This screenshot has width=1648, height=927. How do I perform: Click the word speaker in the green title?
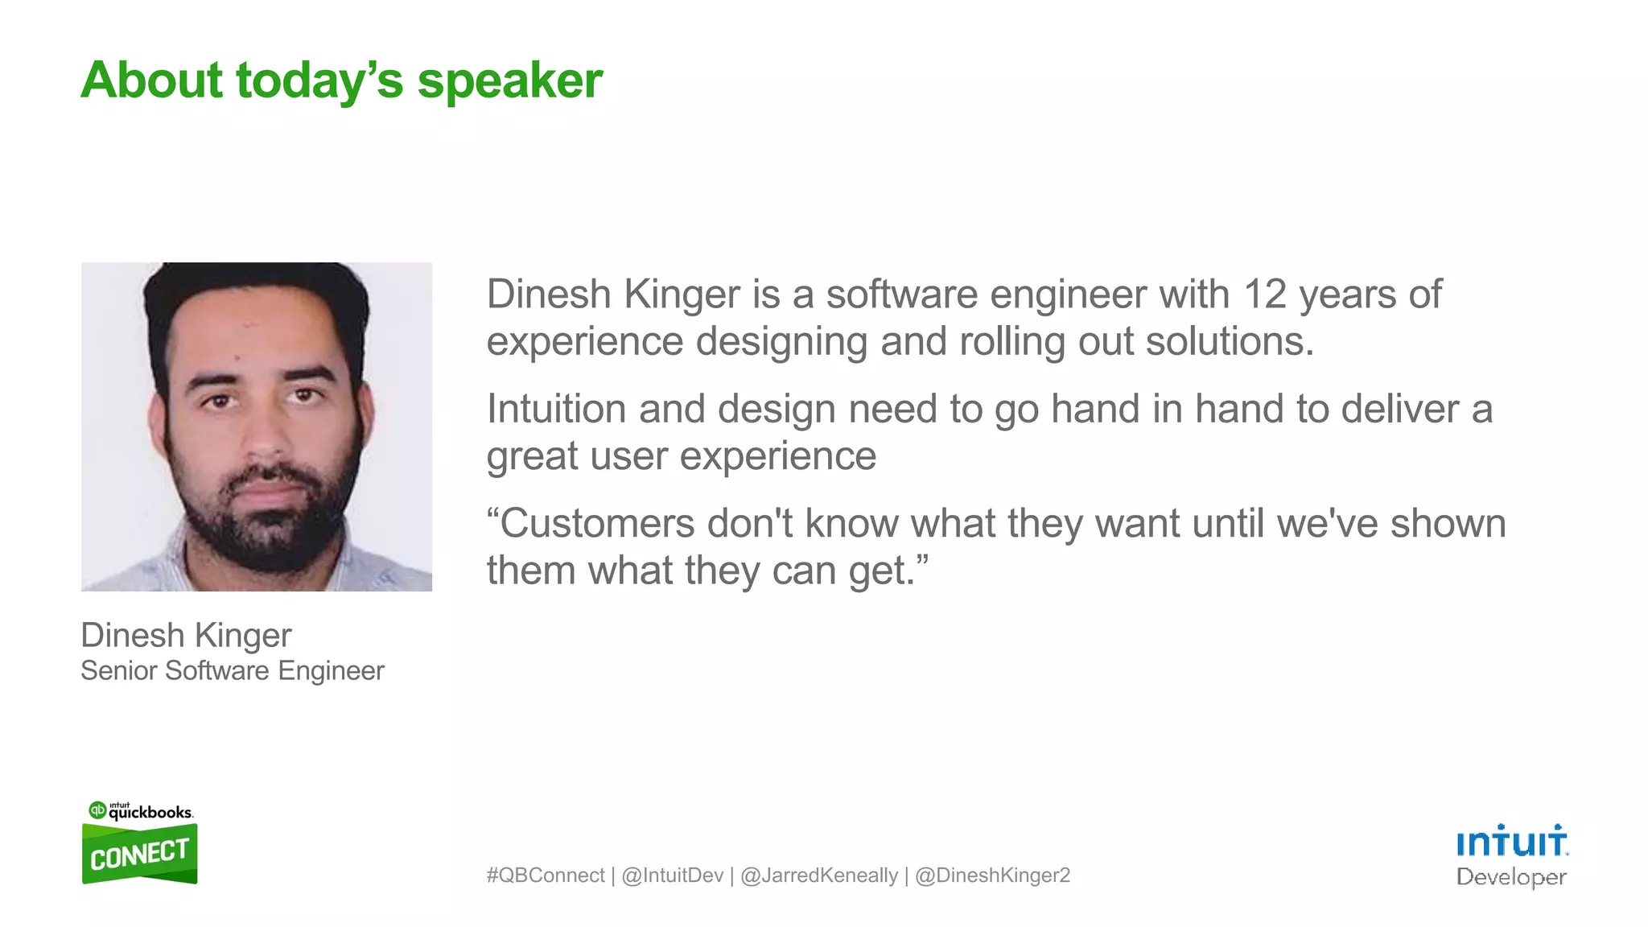509,82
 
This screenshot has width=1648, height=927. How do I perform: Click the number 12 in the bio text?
1265,295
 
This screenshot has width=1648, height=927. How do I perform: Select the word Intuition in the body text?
556,409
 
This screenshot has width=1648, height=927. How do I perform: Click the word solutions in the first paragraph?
1229,342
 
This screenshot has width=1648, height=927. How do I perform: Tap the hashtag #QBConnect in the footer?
545,875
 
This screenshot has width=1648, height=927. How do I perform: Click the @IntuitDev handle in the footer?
672,875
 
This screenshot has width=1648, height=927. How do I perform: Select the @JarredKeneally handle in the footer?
818,875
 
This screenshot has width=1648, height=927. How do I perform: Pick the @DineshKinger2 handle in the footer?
992,875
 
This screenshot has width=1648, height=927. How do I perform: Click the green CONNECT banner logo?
139,855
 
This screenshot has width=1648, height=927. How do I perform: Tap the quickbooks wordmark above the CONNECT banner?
150,812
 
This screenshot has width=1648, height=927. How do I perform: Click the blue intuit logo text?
1511,842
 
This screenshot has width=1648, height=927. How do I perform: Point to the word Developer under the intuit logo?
1511,877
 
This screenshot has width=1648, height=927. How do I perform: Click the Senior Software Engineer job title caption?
233,671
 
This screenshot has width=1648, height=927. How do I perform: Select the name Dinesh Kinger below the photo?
186,636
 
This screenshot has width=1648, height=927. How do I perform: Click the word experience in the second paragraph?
777,457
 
